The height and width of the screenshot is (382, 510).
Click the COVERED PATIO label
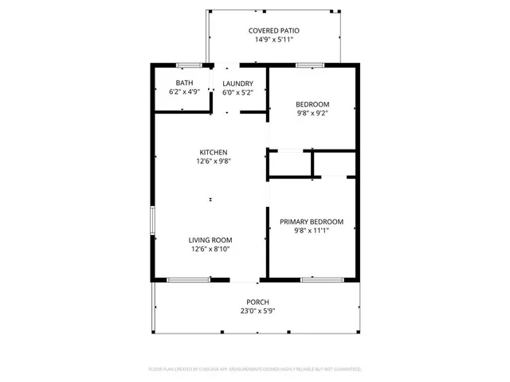273,30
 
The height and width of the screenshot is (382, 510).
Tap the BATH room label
184,83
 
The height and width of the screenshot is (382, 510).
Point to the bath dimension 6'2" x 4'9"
184,92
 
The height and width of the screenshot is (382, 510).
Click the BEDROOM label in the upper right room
312,104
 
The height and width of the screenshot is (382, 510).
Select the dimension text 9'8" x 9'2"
312,113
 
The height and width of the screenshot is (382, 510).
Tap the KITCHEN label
213,152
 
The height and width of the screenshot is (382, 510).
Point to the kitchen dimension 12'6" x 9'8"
213,161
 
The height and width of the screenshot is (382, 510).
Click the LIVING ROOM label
210,240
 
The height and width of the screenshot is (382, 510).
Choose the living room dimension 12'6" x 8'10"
210,248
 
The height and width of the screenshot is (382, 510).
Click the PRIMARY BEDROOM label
311,221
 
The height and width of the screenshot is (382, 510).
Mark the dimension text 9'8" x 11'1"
311,230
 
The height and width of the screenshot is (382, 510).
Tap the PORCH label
257,302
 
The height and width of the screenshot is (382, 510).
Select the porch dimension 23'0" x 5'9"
257,310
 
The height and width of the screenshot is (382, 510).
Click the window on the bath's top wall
187,64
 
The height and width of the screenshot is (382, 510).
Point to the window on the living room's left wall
151,220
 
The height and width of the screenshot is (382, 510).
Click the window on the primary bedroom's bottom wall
317,279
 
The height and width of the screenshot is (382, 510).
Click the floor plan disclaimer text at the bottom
255,369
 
